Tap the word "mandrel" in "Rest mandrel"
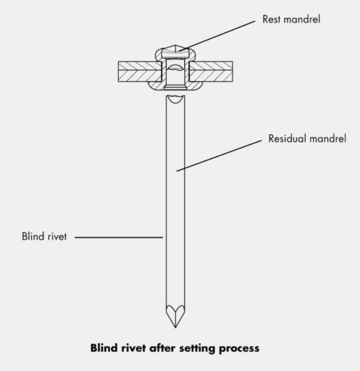pyautogui.click(x=301, y=20)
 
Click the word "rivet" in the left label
pyautogui.click(x=56, y=237)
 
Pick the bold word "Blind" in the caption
pyautogui.click(x=103, y=348)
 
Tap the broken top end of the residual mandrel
pyautogui.click(x=175, y=99)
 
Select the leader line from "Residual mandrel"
pyautogui.click(x=220, y=154)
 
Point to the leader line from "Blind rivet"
pyautogui.click(x=118, y=237)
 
